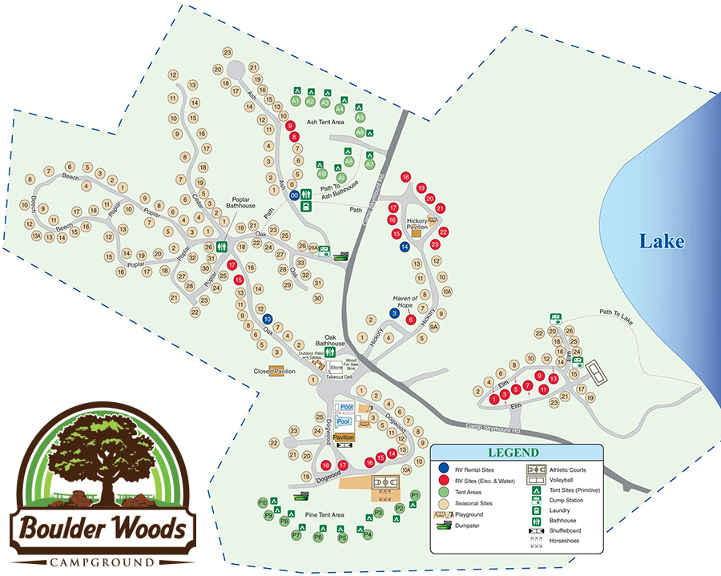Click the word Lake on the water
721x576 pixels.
click(661, 241)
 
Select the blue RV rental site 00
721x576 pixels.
click(295, 195)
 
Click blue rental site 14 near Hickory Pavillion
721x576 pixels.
click(405, 247)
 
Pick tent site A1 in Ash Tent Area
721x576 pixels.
click(296, 103)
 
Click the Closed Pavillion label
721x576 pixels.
click(275, 372)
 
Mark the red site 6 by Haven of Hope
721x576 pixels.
click(411, 320)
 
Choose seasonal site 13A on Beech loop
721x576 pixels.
click(37, 236)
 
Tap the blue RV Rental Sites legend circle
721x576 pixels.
click(443, 468)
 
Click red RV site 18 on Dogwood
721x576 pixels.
click(325, 465)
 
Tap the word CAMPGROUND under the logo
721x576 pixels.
click(102, 560)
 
